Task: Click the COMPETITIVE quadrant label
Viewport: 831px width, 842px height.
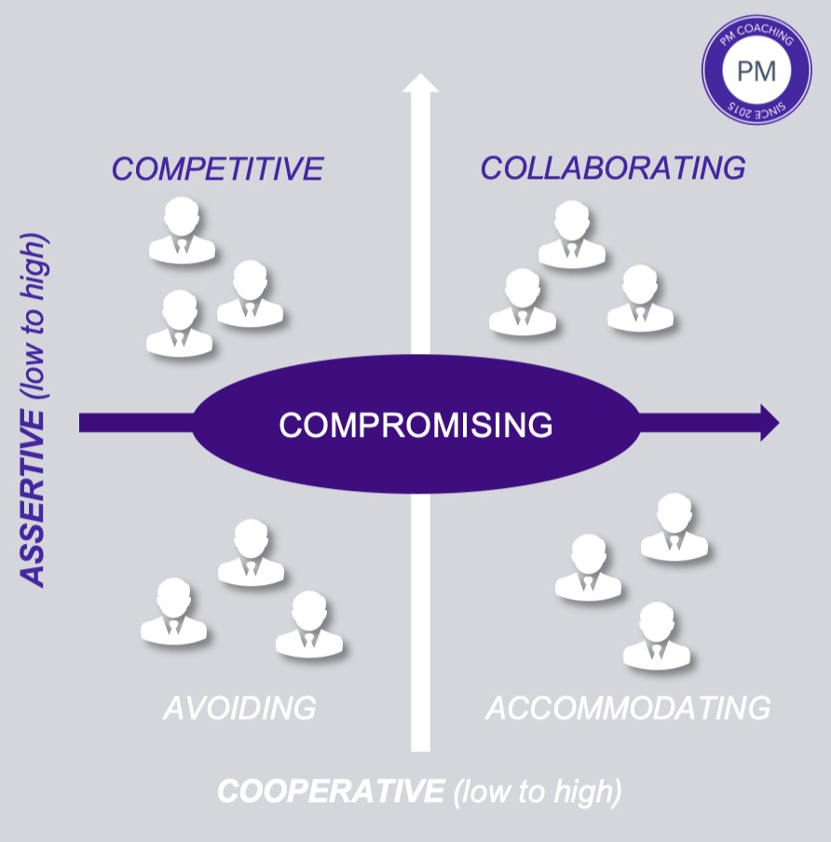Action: [217, 170]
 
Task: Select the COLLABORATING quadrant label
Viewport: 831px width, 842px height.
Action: [612, 169]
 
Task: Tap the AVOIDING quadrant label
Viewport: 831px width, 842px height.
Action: [239, 708]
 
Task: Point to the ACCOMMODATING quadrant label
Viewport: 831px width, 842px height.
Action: [628, 708]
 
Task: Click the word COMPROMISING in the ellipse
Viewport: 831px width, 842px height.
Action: [415, 425]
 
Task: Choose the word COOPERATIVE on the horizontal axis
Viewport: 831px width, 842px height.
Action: [331, 792]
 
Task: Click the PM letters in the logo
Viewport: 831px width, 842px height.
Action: [756, 71]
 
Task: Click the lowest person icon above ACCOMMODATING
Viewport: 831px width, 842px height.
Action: [656, 636]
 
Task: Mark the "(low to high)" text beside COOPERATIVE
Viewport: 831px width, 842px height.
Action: [538, 792]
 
